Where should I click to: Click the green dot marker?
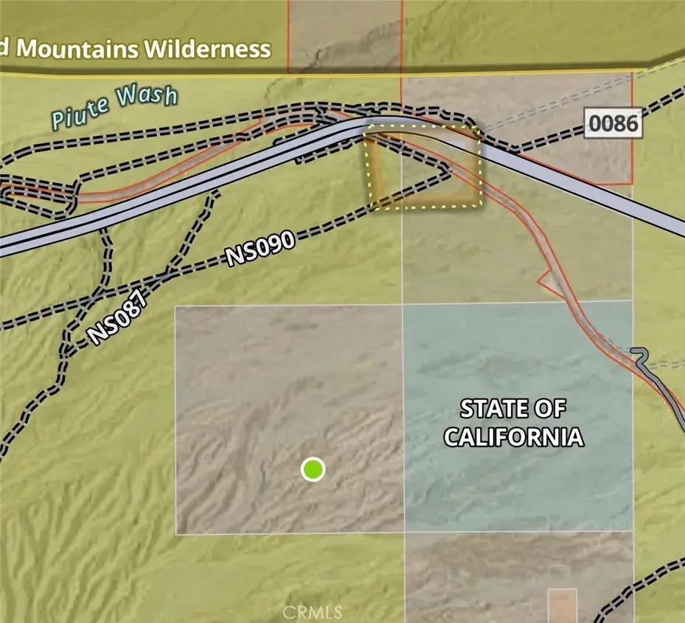click(313, 469)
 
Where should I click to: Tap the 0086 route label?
click(613, 123)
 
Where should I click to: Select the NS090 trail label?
click(260, 249)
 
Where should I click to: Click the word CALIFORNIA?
click(513, 436)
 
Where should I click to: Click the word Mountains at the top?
click(77, 49)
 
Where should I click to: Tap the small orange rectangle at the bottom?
click(563, 605)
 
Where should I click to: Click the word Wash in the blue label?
click(151, 98)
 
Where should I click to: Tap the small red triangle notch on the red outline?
click(546, 280)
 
